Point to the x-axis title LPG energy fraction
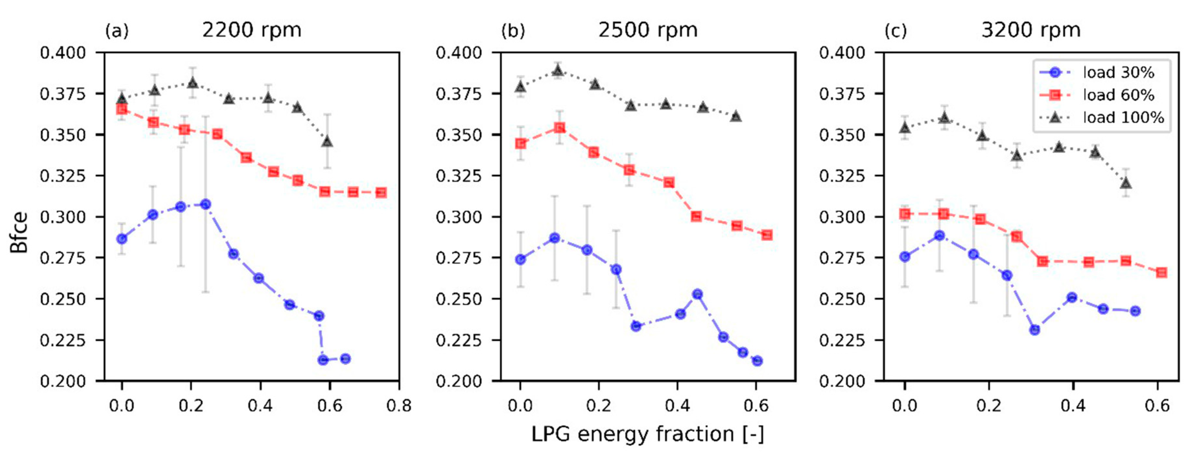(x=648, y=434)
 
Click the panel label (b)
(x=513, y=31)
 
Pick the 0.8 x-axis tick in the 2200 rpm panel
(x=399, y=406)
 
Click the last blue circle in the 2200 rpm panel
(x=345, y=359)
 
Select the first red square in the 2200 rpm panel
(x=122, y=109)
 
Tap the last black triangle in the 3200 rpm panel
(x=1126, y=183)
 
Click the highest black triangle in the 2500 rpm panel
(x=558, y=71)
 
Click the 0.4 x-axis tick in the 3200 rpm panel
(x=1073, y=406)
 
